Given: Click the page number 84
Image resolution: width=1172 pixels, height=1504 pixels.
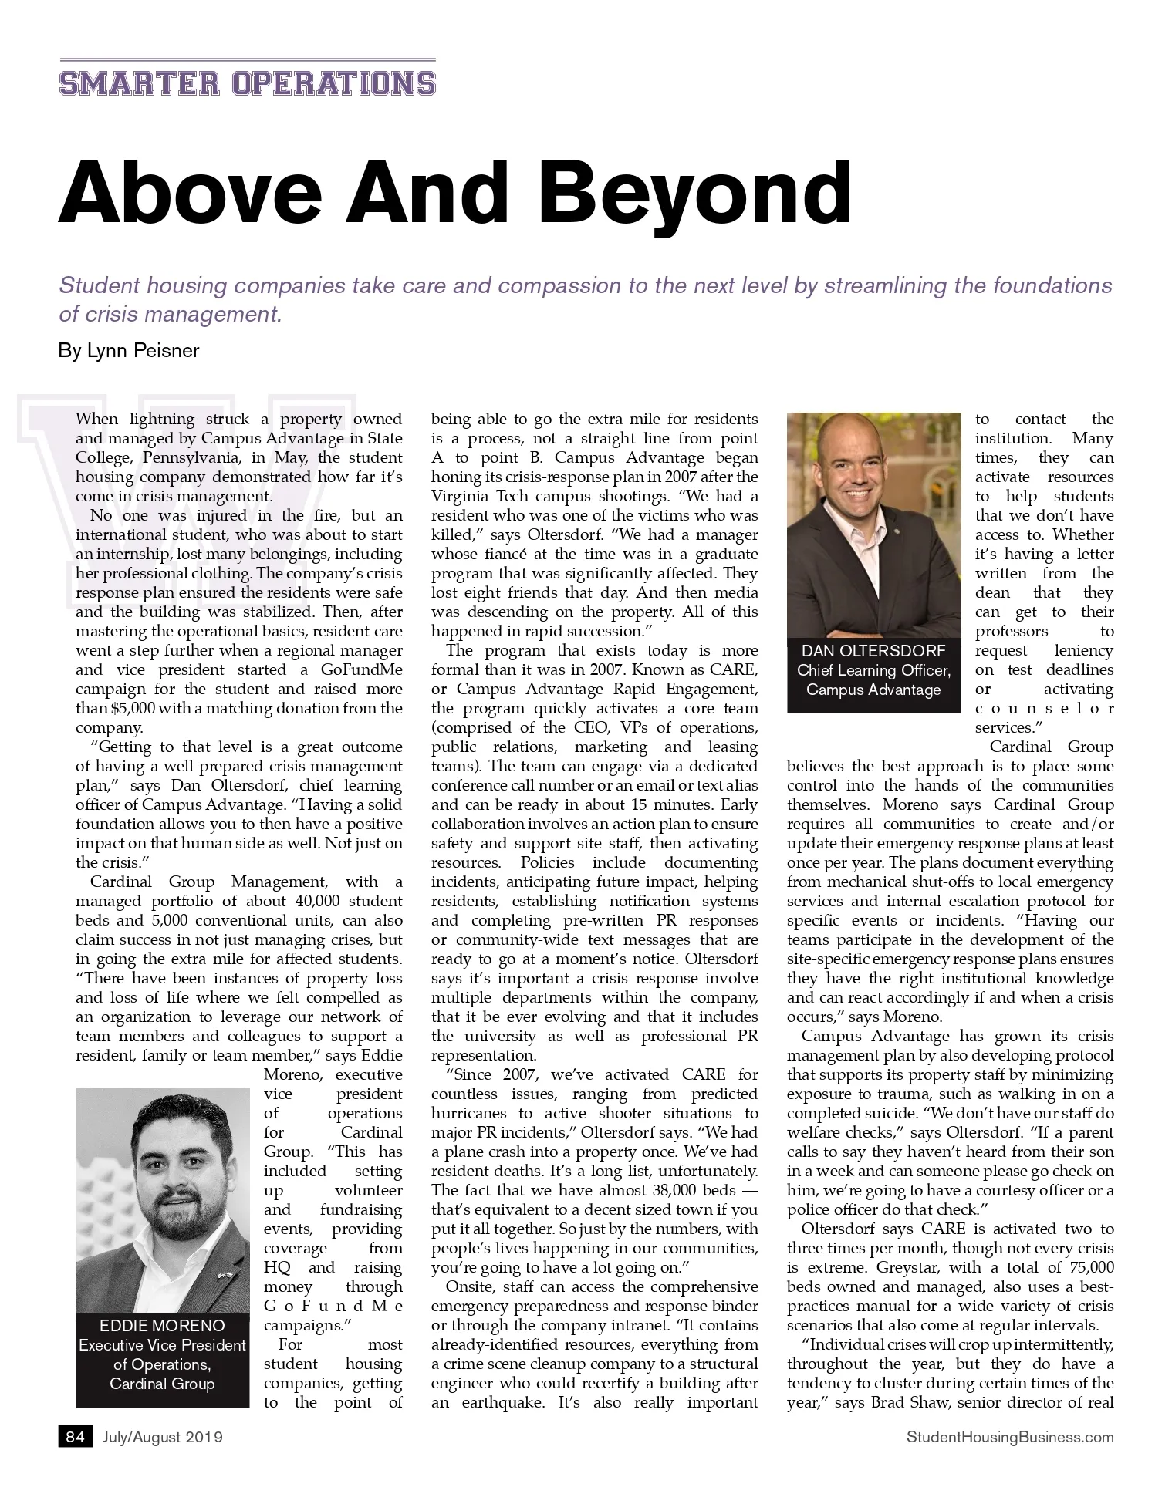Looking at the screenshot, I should (x=75, y=1437).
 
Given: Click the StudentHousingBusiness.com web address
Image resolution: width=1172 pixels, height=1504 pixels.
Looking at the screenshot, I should (x=1010, y=1437).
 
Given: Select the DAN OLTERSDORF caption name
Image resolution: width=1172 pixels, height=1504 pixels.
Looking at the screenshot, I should (x=873, y=651).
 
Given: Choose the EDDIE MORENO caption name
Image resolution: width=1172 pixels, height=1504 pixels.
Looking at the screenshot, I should (x=162, y=1326).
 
